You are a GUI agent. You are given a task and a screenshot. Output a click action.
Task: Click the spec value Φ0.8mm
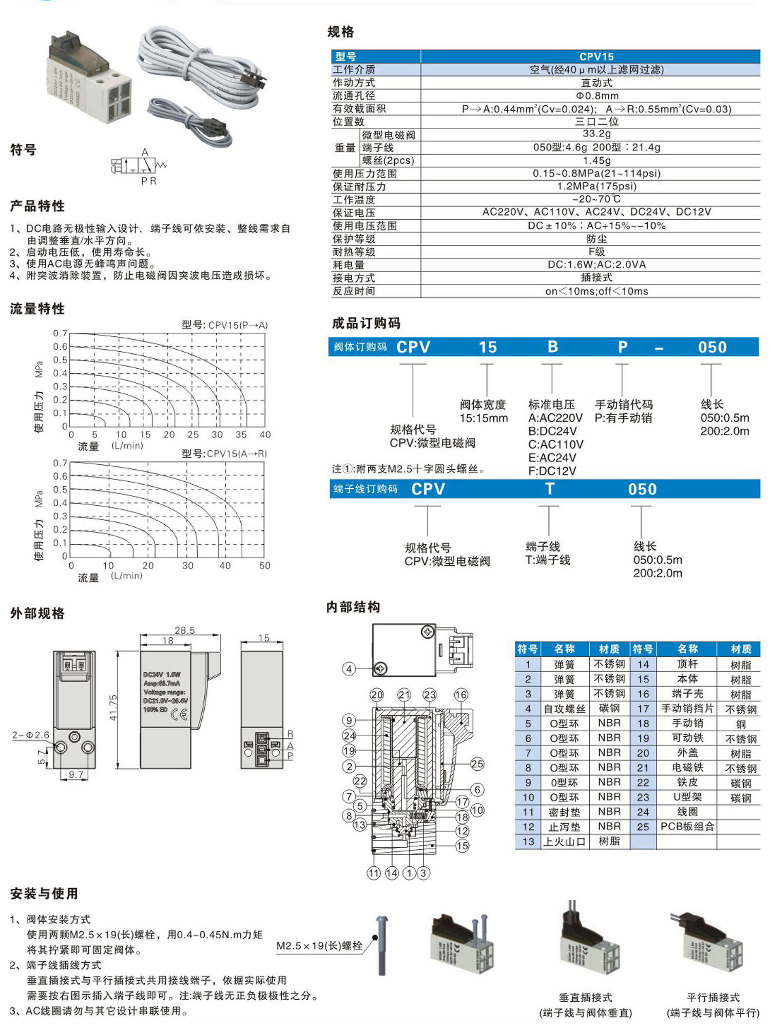(x=596, y=96)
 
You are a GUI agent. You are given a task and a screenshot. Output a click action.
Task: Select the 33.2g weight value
(x=596, y=134)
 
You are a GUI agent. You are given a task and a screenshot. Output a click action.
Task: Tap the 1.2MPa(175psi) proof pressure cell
(x=596, y=186)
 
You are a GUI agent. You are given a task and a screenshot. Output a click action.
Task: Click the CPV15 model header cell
(x=596, y=56)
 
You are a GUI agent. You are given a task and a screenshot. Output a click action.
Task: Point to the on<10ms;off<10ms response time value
(x=596, y=291)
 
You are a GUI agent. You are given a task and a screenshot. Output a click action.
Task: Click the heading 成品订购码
(x=366, y=323)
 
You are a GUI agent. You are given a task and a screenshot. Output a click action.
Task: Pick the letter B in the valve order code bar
(x=552, y=347)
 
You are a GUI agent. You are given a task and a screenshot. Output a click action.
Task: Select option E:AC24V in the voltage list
(x=552, y=458)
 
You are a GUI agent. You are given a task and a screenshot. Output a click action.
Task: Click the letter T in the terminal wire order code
(x=549, y=489)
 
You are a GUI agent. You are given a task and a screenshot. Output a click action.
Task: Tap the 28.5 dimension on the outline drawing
(x=185, y=630)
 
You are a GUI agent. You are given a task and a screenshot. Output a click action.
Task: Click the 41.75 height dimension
(x=113, y=707)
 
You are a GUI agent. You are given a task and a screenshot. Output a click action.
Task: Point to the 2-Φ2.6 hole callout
(x=30, y=735)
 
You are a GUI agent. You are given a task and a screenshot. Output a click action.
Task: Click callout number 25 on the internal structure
(x=477, y=764)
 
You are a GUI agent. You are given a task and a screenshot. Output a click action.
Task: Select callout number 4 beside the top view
(x=349, y=669)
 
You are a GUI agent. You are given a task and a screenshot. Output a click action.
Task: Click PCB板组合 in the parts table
(x=687, y=827)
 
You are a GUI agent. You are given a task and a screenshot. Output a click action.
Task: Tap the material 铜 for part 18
(x=741, y=724)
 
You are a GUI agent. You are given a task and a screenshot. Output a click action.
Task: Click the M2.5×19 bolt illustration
(x=381, y=945)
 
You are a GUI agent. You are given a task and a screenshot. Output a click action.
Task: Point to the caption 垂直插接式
(x=585, y=997)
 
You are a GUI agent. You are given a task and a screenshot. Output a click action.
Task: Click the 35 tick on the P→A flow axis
(x=241, y=434)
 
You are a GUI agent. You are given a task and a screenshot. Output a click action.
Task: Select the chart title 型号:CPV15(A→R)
(x=224, y=453)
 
